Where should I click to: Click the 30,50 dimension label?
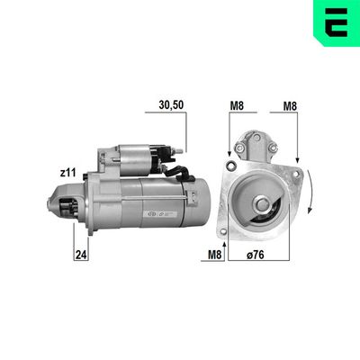tap(171, 105)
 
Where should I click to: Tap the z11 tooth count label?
tap(67, 173)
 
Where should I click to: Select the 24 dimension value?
tap(81, 255)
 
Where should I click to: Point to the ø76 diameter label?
tap(256, 255)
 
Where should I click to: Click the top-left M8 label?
tap(237, 105)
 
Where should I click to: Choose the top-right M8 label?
tap(290, 106)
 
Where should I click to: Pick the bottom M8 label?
tap(215, 255)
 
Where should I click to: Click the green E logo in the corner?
tap(337, 22)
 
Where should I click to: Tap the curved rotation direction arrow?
tap(310, 192)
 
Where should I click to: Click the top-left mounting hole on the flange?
tap(231, 165)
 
